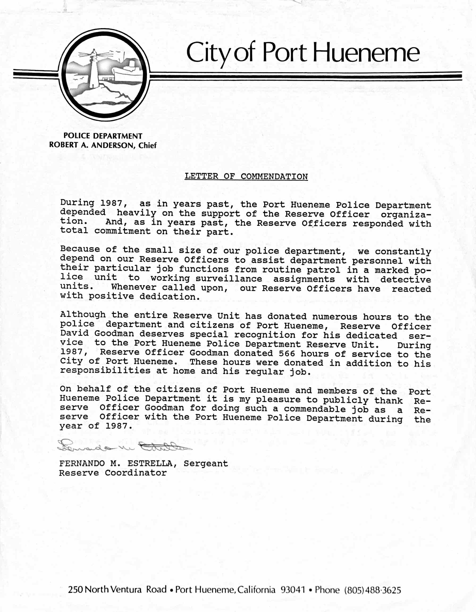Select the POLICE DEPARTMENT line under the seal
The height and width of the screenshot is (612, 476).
[x=103, y=136]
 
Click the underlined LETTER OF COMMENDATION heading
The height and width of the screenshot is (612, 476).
[x=246, y=177]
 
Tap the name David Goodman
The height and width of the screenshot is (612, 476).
[x=97, y=334]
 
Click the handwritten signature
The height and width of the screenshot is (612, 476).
[x=123, y=445]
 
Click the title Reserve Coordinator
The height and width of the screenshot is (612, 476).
[x=113, y=473]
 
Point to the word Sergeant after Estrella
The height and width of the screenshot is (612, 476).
[x=206, y=463]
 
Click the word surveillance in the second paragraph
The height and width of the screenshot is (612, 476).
[x=229, y=279]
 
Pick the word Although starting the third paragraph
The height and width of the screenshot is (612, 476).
[x=83, y=315]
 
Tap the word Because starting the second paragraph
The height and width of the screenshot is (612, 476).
[x=80, y=249]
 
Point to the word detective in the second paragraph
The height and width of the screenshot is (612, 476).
[x=405, y=280]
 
